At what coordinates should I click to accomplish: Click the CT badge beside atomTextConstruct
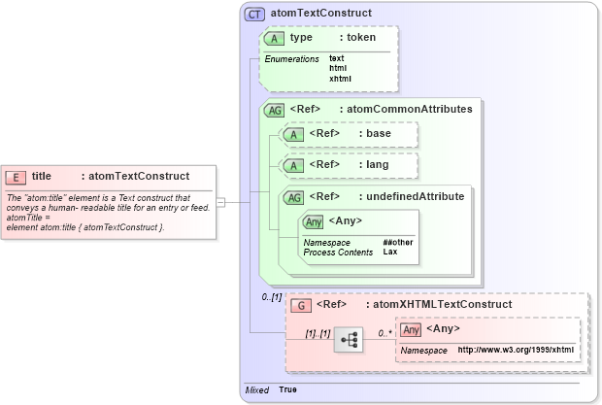[254, 14]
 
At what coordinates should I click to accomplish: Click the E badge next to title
[17, 177]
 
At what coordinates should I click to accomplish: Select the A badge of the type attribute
[275, 38]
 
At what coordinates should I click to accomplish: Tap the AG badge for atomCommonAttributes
[275, 111]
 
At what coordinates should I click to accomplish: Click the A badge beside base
[289, 134]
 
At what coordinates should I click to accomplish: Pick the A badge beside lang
[289, 165]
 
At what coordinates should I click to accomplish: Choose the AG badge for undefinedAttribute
[292, 197]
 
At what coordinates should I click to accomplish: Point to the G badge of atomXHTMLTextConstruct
[301, 305]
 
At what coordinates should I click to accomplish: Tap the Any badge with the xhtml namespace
[412, 329]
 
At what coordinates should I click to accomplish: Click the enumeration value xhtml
[339, 78]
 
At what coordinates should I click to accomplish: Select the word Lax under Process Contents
[389, 253]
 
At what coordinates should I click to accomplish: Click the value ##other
[396, 243]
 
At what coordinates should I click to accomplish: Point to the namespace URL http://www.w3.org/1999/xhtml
[516, 350]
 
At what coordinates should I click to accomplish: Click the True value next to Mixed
[288, 389]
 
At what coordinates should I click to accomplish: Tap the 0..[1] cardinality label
[271, 296]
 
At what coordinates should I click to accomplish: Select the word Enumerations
[291, 59]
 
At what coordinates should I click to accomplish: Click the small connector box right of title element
[220, 202]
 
